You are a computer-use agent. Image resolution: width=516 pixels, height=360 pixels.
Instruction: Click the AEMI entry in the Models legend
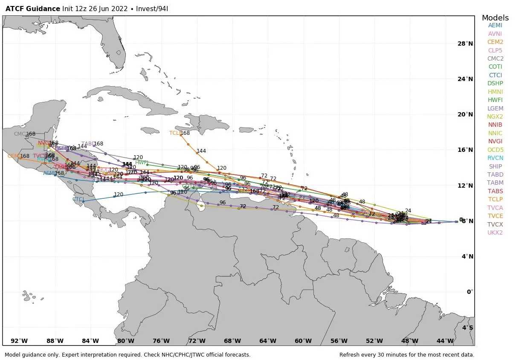point(495,25)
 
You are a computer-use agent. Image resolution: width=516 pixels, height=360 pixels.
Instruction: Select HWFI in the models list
point(495,100)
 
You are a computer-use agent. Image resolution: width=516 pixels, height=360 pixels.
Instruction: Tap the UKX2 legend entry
point(495,232)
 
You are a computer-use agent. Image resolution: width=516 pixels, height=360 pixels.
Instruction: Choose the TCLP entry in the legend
point(495,199)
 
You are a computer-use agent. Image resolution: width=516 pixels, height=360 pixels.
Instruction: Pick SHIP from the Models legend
point(495,166)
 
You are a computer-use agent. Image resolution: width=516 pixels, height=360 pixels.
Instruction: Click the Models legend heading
point(495,18)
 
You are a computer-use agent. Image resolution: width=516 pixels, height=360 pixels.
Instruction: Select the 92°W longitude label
point(19,341)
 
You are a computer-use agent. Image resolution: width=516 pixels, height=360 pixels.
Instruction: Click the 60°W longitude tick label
point(303,341)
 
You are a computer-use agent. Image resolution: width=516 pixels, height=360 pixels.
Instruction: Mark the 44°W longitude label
point(445,341)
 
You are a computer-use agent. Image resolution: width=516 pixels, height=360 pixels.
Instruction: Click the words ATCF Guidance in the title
point(33,9)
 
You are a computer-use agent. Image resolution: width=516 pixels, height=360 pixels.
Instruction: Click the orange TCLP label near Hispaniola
point(175,133)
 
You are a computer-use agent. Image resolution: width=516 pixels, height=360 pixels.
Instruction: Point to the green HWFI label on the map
point(142,163)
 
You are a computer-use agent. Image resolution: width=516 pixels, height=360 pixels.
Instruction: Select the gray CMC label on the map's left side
point(20,134)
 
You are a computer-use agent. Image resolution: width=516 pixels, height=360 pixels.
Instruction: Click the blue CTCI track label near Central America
point(78,199)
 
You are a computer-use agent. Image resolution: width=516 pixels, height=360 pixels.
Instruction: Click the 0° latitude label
point(470,292)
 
